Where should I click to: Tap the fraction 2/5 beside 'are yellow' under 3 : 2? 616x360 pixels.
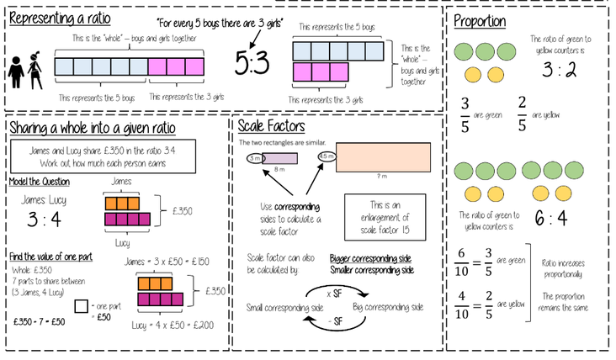click(x=521, y=113)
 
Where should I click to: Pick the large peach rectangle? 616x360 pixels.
click(x=380, y=157)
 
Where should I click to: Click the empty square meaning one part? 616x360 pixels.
click(x=82, y=307)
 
